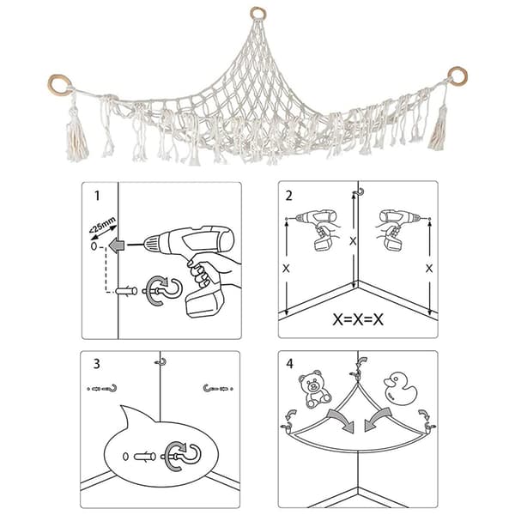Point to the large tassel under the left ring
[x=77, y=138]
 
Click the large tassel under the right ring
[x=439, y=130]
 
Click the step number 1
[x=97, y=196]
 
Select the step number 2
[x=288, y=196]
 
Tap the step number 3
[x=96, y=364]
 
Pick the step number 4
[x=289, y=364]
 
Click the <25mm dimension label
[x=102, y=224]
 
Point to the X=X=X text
[x=358, y=319]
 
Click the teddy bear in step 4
[x=314, y=389]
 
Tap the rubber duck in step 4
[x=400, y=389]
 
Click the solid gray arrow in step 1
[x=117, y=245]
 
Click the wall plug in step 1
[x=126, y=291]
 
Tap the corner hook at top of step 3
[x=161, y=362]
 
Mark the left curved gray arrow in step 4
[x=342, y=420]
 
